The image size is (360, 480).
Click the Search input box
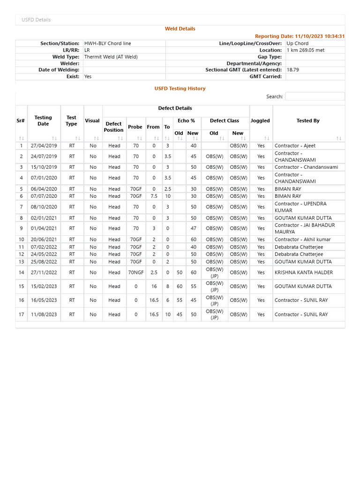315,97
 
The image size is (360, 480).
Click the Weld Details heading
180,29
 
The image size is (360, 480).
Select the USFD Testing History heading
180,89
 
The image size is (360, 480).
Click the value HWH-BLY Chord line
107,44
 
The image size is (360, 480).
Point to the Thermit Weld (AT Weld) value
111,57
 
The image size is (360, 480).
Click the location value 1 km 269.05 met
305,50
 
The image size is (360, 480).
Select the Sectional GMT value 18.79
292,70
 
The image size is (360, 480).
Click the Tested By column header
308,121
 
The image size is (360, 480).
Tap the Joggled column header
260,121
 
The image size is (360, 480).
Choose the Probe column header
135,127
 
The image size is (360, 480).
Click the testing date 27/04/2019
44,146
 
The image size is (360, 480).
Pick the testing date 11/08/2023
44,315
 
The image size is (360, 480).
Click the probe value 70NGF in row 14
136,272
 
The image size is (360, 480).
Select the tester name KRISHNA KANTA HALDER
303,272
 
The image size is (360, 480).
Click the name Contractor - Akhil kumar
302,240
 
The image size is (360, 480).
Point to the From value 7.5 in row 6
154,196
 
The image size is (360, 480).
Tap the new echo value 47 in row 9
193,229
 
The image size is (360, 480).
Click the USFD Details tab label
36,20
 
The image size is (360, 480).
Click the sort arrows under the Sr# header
21,139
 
